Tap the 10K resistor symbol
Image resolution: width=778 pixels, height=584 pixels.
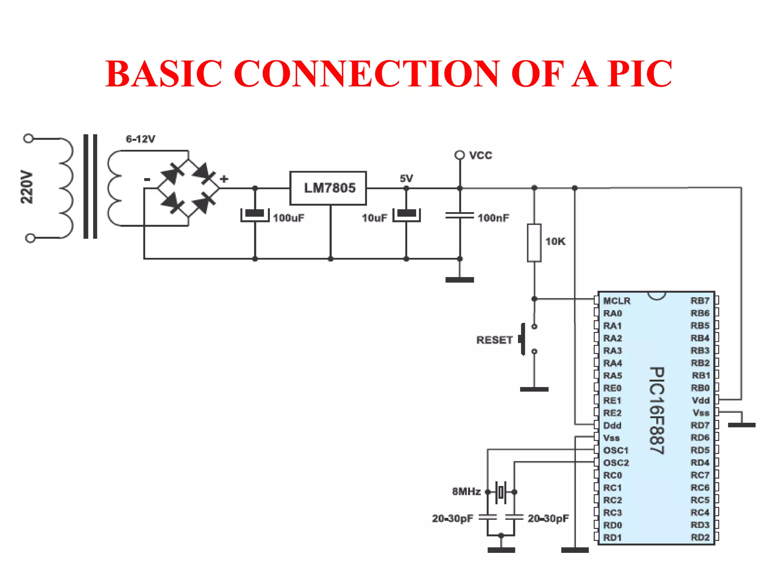pos(534,243)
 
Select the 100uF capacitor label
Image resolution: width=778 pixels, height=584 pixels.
pos(288,218)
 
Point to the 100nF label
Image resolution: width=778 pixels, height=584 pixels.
pos(493,218)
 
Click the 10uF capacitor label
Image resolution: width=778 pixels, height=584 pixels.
pos(374,218)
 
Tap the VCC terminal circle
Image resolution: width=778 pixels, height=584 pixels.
pos(460,155)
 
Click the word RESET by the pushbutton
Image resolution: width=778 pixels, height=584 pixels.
pos(494,340)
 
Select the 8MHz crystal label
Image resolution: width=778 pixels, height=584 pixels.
pos(466,492)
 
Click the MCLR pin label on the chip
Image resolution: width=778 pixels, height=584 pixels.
pos(617,301)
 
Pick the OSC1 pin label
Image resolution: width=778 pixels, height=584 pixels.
pos(616,451)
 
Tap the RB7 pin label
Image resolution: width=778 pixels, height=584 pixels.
pos(700,301)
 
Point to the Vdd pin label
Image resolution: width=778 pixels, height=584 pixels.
pos(701,400)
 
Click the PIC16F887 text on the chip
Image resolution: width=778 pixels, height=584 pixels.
pos(657,410)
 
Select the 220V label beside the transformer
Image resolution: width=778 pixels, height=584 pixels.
pos(27,187)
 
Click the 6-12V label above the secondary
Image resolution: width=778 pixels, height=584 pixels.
pos(141,139)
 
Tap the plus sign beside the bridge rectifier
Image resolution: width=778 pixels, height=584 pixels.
pos(224,179)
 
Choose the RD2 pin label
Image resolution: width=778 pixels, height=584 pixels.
pos(700,538)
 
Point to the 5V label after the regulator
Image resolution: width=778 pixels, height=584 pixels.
pos(406,178)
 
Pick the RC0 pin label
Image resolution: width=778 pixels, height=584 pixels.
pos(612,475)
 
